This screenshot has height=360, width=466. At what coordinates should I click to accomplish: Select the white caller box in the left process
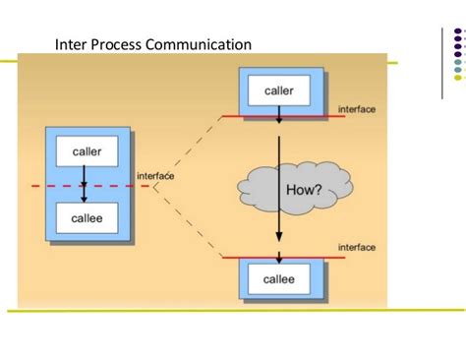point(87,150)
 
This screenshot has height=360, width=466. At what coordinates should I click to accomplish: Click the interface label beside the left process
point(155,175)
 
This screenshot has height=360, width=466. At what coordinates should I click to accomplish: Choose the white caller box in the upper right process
point(279,91)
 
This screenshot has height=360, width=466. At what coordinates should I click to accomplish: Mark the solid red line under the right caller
point(315,116)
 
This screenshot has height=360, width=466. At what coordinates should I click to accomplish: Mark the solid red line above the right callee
point(315,258)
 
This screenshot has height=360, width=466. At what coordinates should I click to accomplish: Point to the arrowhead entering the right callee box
point(279,261)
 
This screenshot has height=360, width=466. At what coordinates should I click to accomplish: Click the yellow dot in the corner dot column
point(458,78)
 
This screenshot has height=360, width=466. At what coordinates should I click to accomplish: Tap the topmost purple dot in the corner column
point(458,30)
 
